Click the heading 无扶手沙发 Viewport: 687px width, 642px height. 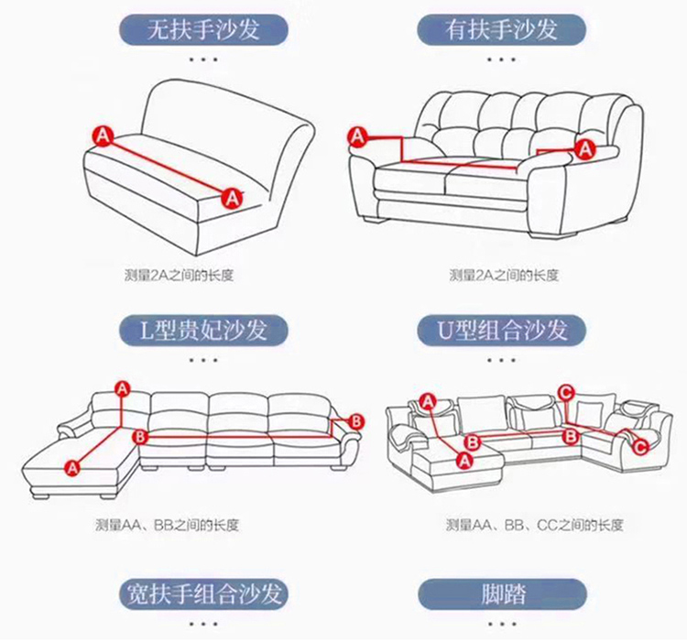[203, 30]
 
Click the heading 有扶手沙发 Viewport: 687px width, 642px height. [501, 30]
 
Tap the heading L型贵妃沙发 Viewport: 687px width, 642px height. [203, 331]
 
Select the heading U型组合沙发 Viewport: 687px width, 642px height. [502, 331]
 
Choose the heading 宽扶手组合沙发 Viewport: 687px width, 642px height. [203, 593]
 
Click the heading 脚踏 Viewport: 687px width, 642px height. [503, 593]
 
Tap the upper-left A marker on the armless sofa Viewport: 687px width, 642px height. [103, 136]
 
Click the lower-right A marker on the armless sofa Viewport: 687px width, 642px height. [232, 199]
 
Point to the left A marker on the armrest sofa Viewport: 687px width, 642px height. [358, 136]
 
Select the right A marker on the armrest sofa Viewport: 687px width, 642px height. [585, 150]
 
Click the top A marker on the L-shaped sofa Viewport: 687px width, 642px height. [122, 388]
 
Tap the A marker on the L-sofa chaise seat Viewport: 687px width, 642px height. [72, 468]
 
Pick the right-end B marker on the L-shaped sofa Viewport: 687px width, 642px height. [356, 421]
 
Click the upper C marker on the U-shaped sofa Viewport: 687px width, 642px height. [566, 392]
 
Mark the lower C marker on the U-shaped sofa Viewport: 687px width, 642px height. [640, 448]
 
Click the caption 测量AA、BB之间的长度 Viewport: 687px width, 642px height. [167, 525]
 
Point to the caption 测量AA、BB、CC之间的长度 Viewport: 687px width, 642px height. [534, 525]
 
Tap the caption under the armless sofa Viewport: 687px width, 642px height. [179, 275]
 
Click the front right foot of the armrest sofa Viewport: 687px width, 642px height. [551, 234]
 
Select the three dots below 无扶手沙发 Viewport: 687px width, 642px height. [203, 60]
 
